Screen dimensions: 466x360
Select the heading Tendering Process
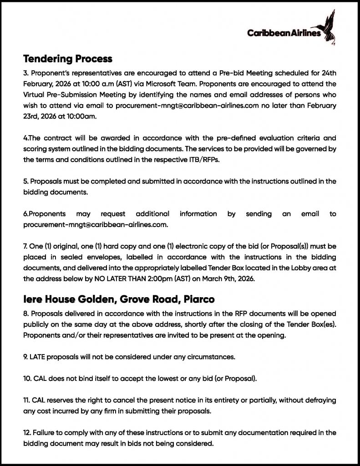click(x=68, y=59)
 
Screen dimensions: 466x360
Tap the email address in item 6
click(x=96, y=224)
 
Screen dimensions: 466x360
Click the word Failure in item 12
click(x=45, y=432)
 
